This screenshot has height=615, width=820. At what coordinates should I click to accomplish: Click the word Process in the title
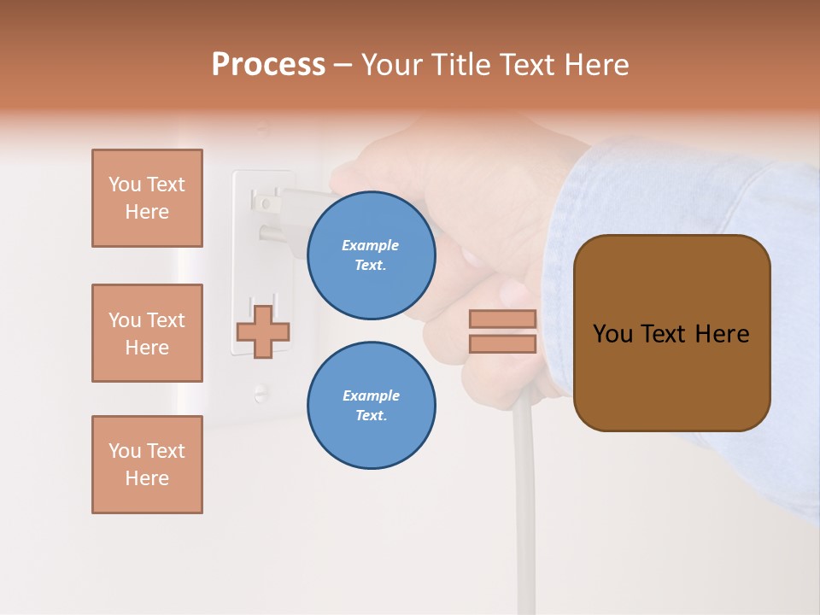268,65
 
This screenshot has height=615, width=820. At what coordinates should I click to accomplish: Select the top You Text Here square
147,198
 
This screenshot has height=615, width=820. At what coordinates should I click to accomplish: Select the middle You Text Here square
147,333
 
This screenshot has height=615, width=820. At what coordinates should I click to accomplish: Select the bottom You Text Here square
147,465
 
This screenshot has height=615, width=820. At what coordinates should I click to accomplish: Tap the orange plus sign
263,331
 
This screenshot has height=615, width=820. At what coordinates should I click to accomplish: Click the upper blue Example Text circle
372,255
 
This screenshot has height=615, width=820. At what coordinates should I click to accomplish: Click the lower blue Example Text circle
372,405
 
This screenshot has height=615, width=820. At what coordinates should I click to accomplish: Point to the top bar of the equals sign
503,319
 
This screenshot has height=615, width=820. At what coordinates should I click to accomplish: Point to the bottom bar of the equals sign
503,343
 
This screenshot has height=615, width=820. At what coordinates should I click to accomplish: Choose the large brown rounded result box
671,333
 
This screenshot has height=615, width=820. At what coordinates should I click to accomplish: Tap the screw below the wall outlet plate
260,393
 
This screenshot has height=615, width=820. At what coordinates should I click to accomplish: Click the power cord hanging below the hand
524,495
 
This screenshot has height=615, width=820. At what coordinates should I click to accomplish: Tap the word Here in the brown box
722,334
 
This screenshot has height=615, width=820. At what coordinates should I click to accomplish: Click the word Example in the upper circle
371,245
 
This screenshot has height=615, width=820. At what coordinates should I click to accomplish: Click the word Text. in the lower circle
371,415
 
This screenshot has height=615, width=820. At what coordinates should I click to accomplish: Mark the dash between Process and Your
343,65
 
